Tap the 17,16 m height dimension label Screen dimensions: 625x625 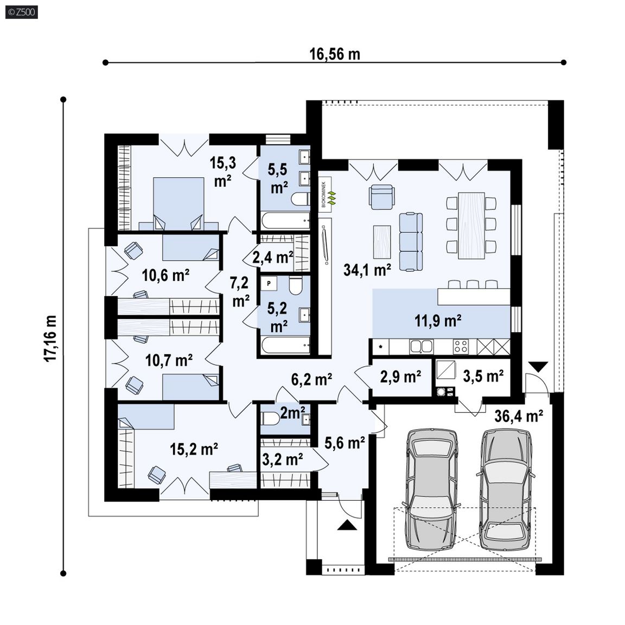tap(50, 339)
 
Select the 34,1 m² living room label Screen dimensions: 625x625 tap(367, 270)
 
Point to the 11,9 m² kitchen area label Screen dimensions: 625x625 tap(438, 320)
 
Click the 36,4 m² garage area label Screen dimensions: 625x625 tap(519, 416)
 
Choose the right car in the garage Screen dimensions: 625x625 tap(506, 489)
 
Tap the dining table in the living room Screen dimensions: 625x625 tap(471, 226)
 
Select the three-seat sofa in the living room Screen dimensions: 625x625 tap(411, 241)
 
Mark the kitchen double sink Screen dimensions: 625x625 tap(421, 346)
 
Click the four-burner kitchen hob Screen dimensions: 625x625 tap(461, 346)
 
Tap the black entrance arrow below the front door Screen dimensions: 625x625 tap(347, 525)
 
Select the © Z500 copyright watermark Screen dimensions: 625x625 tap(22, 12)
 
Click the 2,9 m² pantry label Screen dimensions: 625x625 tap(400, 377)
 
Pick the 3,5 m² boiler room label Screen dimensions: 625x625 tap(483, 375)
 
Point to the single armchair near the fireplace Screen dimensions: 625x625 tap(382, 196)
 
